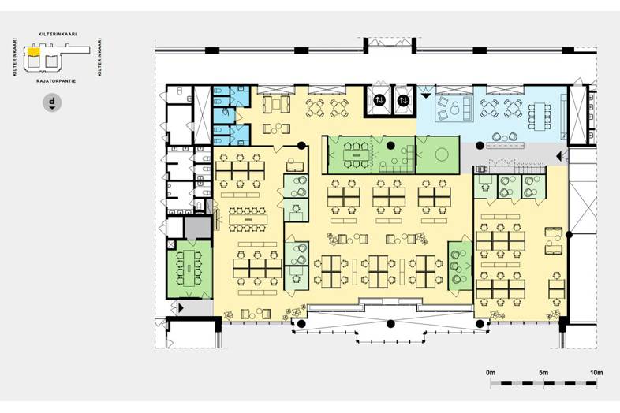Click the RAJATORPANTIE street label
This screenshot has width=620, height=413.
coord(56,81)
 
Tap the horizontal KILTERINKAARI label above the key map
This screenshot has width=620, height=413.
coord(58,35)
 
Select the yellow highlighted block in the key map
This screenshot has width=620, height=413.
coord(33,51)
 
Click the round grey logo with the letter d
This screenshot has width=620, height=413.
coord(52,102)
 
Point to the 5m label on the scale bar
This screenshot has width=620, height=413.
coord(543,372)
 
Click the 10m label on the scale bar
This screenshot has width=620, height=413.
coord(596,372)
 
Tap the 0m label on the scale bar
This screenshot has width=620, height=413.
coord(491,372)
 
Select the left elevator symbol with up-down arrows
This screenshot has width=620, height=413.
coord(379,100)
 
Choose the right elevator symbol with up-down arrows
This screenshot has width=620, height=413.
coord(403,100)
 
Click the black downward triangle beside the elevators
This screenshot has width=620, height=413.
coord(425,95)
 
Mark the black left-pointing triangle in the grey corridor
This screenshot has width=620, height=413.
coord(558,157)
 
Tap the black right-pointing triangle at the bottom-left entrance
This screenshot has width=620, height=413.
coord(181,307)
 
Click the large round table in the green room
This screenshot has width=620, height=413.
coord(441,154)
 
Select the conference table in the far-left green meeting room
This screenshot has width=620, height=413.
coord(189,267)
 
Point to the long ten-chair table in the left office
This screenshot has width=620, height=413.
coord(248,218)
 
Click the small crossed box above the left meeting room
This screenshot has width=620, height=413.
coord(171,244)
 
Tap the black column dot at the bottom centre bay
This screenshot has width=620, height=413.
coord(390,324)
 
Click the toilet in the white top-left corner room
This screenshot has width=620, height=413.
coord(180,91)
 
